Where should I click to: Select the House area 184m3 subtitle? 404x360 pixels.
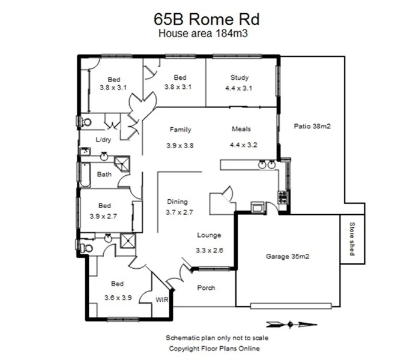(203, 34)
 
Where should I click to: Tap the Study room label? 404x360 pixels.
(239, 77)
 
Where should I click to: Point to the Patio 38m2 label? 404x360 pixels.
(312, 127)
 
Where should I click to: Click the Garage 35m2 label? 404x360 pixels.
(286, 256)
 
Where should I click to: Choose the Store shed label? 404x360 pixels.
(352, 239)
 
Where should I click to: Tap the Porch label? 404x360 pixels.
(206, 288)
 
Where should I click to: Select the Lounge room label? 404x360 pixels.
(209, 235)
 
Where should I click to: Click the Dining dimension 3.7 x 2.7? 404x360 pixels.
(179, 212)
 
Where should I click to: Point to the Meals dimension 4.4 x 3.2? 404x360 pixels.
(243, 145)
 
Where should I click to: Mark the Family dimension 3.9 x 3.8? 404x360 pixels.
(180, 145)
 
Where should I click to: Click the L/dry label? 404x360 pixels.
(104, 140)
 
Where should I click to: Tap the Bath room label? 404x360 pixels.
(104, 175)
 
